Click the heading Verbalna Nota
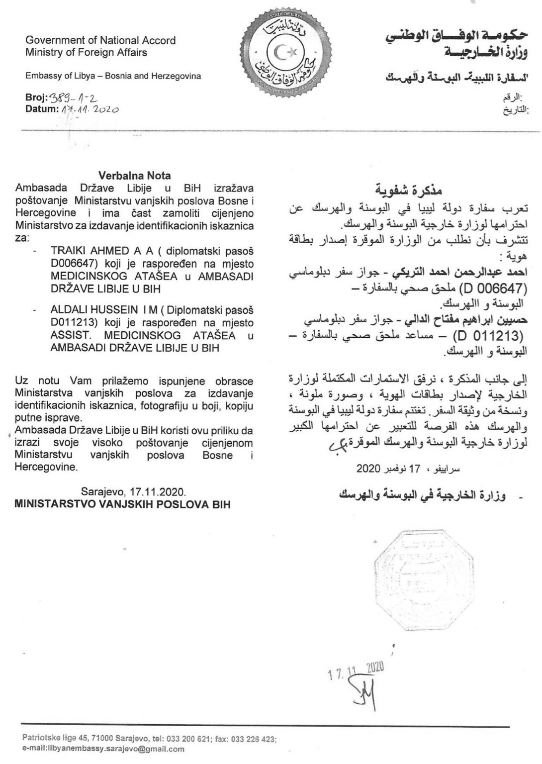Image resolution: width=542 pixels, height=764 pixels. pyautogui.click(x=134, y=176)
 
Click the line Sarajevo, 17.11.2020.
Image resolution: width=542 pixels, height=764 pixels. pyautogui.click(x=134, y=491)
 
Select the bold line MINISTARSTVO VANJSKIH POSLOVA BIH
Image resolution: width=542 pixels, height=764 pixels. pyautogui.click(x=122, y=504)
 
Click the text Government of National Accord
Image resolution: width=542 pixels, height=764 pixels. pyautogui.click(x=100, y=40)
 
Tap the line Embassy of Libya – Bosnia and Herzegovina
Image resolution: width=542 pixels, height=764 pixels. pyautogui.click(x=113, y=76)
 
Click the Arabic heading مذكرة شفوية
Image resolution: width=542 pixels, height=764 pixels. pyautogui.click(x=408, y=191)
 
